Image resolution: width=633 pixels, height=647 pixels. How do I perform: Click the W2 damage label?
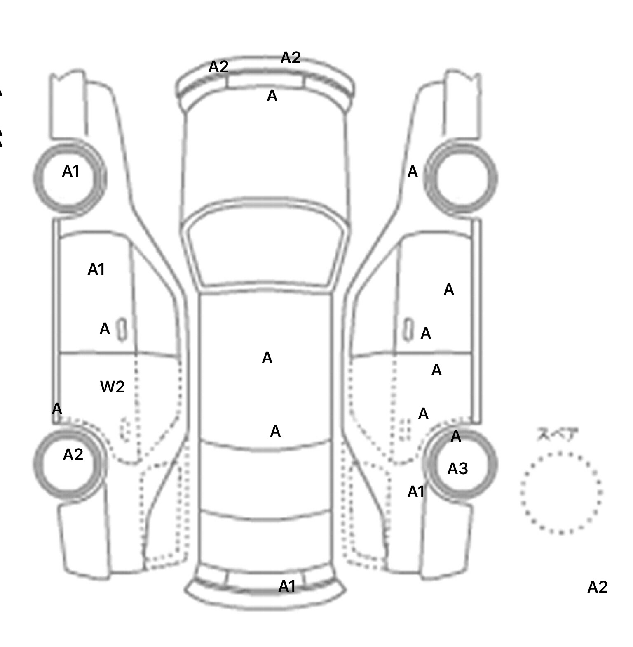(113, 387)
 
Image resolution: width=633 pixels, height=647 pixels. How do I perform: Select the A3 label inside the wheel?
(457, 469)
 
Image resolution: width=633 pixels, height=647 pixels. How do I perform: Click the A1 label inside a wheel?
(70, 171)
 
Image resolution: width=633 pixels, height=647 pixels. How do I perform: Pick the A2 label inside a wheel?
(73, 455)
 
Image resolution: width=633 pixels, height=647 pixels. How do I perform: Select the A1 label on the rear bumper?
(287, 586)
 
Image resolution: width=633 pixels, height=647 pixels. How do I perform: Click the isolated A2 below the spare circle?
(597, 587)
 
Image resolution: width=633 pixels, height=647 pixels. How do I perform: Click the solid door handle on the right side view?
(408, 329)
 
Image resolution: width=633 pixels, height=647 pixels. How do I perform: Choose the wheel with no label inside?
(461, 178)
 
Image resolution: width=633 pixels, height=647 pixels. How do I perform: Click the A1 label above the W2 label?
(96, 270)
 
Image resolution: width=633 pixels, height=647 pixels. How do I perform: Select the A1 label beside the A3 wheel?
(416, 492)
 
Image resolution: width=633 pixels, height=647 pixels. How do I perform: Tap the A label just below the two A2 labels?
(272, 96)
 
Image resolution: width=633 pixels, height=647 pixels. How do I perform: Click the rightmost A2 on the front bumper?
(291, 58)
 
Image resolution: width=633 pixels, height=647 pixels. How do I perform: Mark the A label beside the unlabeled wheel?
(413, 172)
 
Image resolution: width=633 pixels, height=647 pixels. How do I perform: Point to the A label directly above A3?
(456, 436)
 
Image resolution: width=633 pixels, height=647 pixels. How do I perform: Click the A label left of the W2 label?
(57, 409)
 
